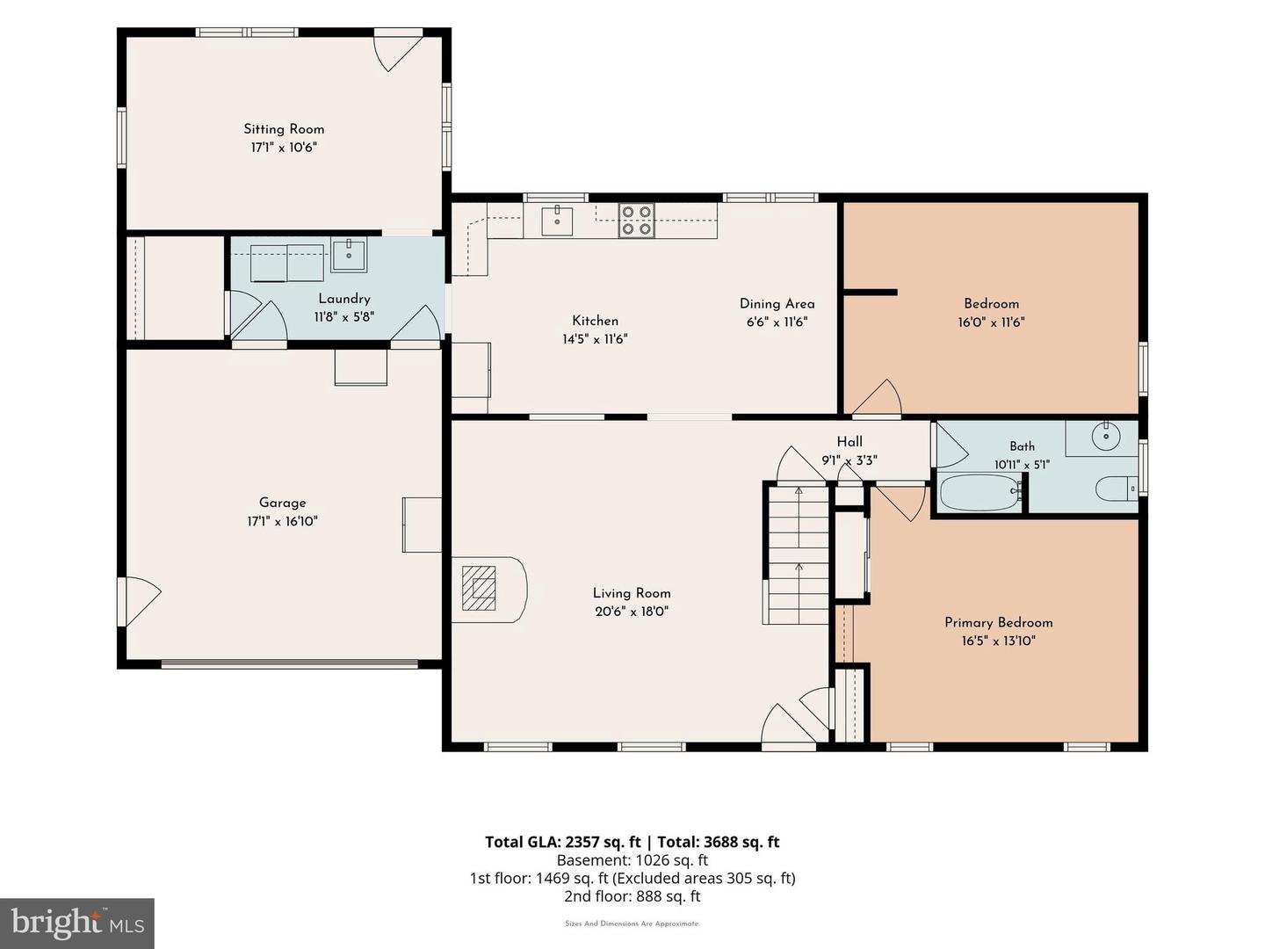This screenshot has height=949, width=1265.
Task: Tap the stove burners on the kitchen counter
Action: tap(636, 220)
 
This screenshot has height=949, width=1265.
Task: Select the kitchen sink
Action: tap(557, 221)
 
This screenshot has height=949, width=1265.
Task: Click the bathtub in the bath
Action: tap(980, 493)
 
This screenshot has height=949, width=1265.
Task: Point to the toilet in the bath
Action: tap(1117, 489)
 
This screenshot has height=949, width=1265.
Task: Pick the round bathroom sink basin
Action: tap(1107, 436)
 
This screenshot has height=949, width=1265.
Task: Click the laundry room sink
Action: tap(349, 254)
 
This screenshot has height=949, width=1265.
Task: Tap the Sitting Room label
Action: tap(284, 129)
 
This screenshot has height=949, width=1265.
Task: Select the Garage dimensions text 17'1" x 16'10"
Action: tap(282, 521)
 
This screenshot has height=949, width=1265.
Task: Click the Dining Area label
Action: tap(777, 304)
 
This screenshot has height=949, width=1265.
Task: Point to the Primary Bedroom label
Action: tap(999, 622)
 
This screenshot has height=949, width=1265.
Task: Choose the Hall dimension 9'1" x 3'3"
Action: tap(849, 460)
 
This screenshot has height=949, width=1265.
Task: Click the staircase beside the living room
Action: tap(799, 554)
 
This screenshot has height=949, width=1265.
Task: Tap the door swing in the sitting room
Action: tap(399, 53)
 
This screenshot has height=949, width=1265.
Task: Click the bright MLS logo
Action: tap(77, 923)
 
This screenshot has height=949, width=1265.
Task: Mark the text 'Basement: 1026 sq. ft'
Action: tap(632, 860)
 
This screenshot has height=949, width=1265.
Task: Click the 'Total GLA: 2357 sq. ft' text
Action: tap(563, 842)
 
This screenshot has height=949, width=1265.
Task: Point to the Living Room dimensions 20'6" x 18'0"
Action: tap(632, 612)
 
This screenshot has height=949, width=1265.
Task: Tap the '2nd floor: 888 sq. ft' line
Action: tap(632, 896)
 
